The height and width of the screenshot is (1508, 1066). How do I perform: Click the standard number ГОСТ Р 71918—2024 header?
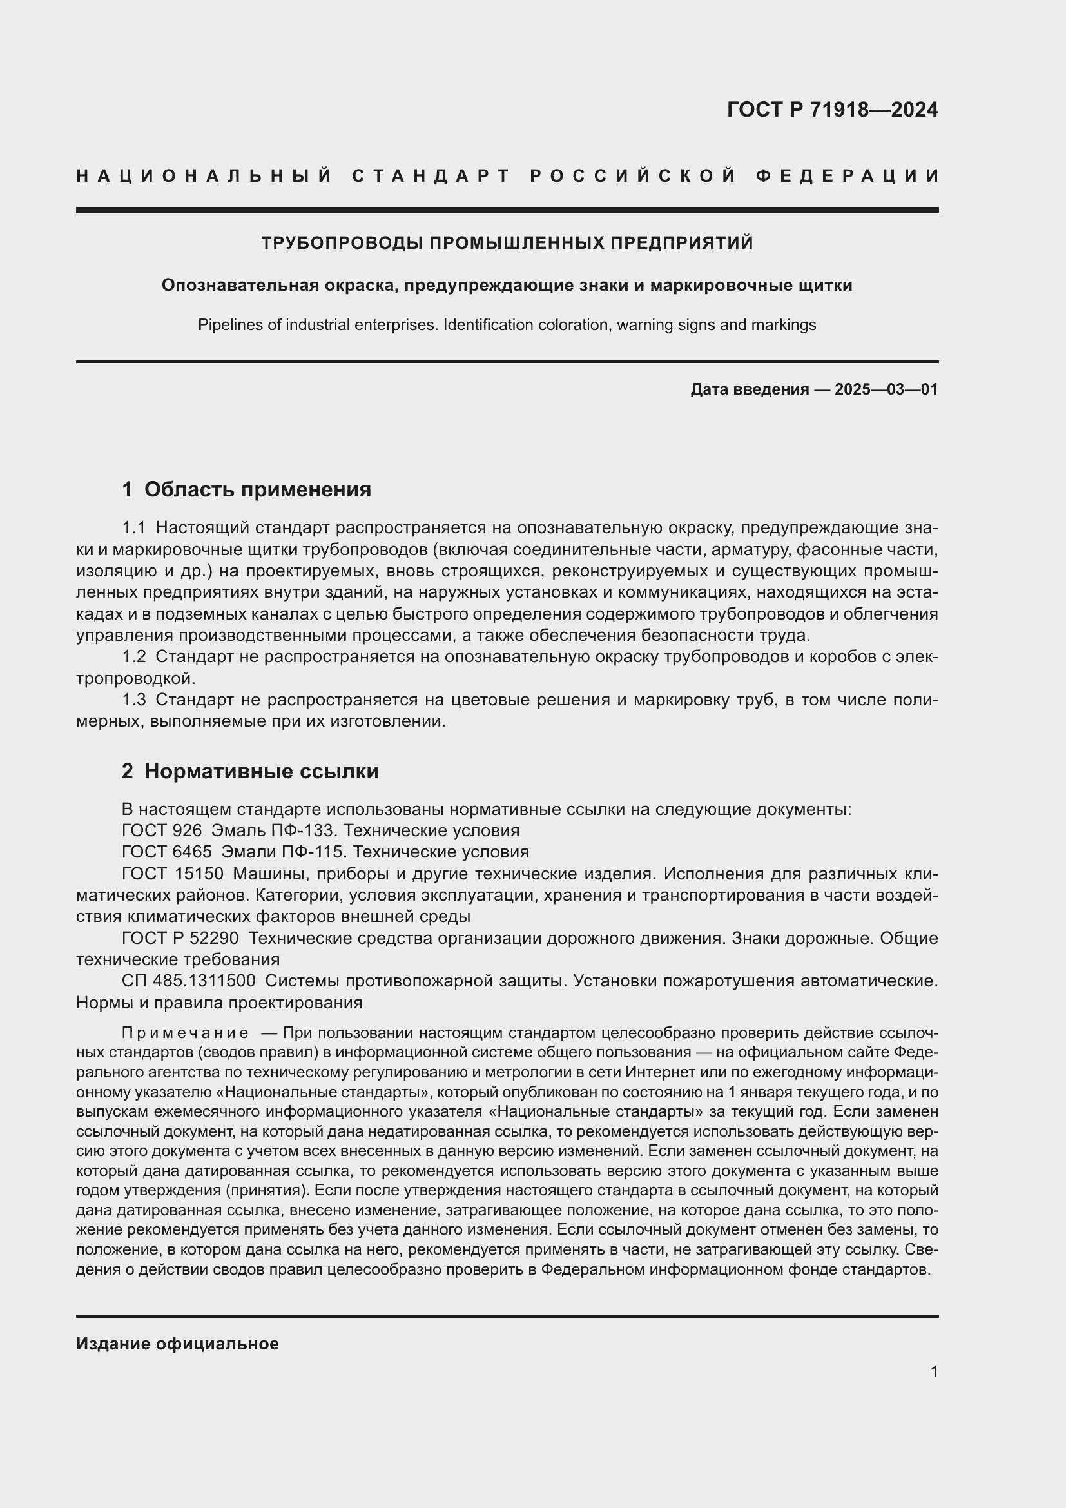831,110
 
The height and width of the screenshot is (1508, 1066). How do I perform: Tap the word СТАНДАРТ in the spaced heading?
431,176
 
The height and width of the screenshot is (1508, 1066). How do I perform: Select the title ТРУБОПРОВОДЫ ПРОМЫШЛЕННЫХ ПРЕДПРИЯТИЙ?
507,243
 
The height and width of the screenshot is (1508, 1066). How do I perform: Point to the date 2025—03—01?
886,389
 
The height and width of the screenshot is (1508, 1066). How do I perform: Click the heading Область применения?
257,489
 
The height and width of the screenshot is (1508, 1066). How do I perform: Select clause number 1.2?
134,657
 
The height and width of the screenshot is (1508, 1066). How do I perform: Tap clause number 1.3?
134,700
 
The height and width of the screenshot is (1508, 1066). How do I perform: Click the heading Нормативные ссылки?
261,771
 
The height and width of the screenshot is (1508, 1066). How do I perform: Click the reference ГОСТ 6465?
167,852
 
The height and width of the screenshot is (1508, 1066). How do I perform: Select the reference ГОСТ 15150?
173,874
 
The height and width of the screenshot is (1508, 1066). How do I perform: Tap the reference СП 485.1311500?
188,981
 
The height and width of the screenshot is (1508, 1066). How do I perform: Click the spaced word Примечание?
185,1033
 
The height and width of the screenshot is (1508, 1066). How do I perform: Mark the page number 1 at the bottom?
933,1371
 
